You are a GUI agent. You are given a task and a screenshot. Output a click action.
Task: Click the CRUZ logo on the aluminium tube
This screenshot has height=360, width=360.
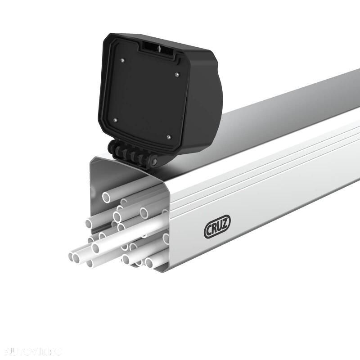[217, 229]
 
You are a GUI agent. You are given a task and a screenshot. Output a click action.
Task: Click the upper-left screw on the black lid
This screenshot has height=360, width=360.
[123, 59]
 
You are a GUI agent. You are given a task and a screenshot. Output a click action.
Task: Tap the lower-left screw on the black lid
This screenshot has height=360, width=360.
[115, 120]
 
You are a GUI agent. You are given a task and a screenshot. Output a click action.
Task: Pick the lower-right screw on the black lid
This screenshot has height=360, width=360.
[168, 137]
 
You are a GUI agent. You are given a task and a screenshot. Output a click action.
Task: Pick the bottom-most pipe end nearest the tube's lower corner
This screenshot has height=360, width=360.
[150, 262]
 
